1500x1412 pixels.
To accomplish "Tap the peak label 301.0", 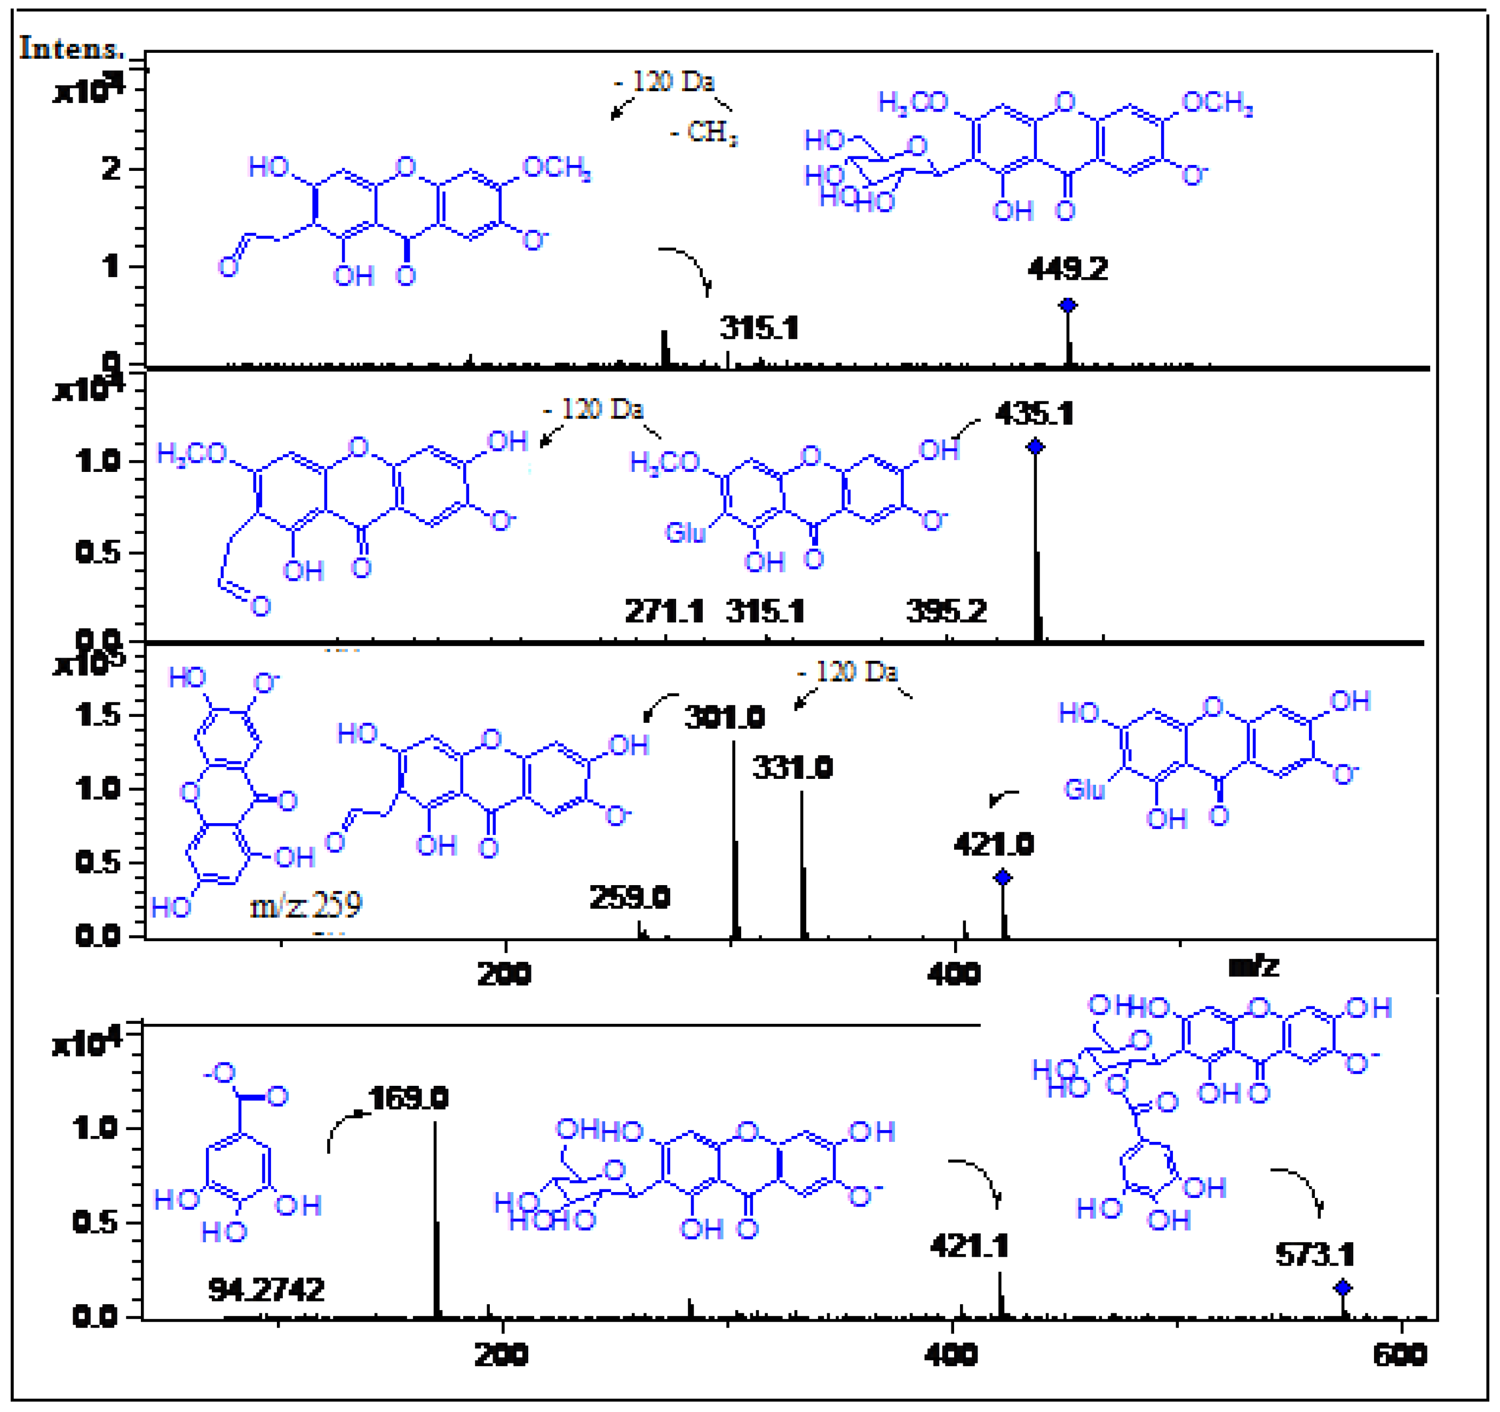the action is [x=724, y=717].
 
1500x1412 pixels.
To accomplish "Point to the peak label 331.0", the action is [x=792, y=768].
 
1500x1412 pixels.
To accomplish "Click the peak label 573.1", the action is [x=1315, y=1255].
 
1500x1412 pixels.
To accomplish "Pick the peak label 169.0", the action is [x=408, y=1098].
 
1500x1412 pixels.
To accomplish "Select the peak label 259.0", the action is [x=629, y=897].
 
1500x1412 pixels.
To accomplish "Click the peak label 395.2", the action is [x=946, y=611].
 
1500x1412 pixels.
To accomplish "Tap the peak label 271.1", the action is [x=664, y=611].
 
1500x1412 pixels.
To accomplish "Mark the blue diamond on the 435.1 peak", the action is [x=1035, y=447].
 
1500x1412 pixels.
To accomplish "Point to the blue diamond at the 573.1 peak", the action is [x=1342, y=1288].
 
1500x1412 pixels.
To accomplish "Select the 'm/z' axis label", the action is [x=1254, y=966].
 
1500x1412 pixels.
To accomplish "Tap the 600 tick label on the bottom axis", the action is [x=1400, y=1355].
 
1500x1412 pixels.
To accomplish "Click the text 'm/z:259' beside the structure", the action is [x=306, y=904].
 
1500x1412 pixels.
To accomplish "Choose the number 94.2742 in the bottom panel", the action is [x=266, y=1290].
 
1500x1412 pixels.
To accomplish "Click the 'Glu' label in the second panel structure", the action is [x=684, y=533].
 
